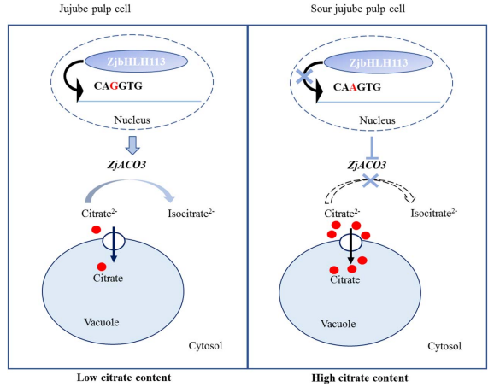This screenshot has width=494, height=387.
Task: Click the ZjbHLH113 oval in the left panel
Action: (x=136, y=62)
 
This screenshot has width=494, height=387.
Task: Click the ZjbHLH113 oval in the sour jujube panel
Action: (x=379, y=62)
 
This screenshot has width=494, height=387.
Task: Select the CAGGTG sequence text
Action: (x=118, y=85)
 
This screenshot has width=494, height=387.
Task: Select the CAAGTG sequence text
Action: (x=357, y=87)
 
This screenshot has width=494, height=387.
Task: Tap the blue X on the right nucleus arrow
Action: (x=303, y=77)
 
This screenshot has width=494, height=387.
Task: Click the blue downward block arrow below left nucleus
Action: (x=132, y=145)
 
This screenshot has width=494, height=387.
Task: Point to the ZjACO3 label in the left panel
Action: (x=126, y=165)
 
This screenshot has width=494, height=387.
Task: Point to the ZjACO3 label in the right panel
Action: (x=367, y=165)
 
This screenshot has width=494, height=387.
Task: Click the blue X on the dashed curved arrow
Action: (x=371, y=180)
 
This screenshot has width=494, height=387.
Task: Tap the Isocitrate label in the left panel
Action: (x=191, y=214)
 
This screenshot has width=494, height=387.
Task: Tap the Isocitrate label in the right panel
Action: (x=434, y=214)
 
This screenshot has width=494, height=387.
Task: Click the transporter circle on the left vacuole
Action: (x=114, y=242)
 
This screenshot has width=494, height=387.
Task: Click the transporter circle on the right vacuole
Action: (x=350, y=243)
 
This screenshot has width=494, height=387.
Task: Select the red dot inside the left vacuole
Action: (x=102, y=267)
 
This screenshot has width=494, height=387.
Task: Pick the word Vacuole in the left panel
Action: (x=102, y=322)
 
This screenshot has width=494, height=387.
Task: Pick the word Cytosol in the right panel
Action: (x=444, y=346)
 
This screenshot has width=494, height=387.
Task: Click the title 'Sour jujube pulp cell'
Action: (x=358, y=9)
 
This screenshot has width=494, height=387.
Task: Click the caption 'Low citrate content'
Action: (x=124, y=378)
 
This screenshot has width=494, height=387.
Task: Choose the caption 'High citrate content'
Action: (x=360, y=378)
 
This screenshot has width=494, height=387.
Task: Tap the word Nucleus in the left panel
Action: (x=132, y=120)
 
